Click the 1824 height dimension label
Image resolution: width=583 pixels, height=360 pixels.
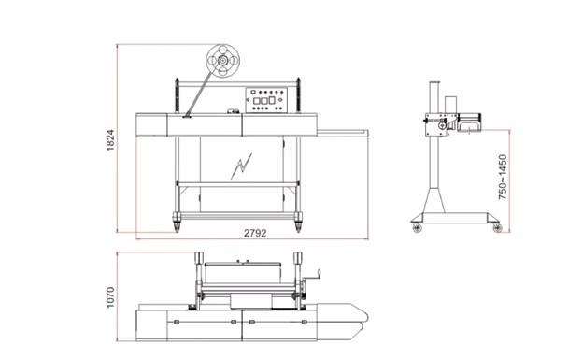110,140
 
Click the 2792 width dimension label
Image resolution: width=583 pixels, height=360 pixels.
255,233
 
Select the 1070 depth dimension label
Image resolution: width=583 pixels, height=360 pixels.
110,297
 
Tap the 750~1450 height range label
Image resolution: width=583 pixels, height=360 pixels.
503,178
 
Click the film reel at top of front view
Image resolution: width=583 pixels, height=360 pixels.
222,61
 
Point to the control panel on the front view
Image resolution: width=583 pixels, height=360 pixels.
266,100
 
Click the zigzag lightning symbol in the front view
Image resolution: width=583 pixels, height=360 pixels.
241,166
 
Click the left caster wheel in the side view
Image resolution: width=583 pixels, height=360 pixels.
418,227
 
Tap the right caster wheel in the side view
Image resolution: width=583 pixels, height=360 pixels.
497,227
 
